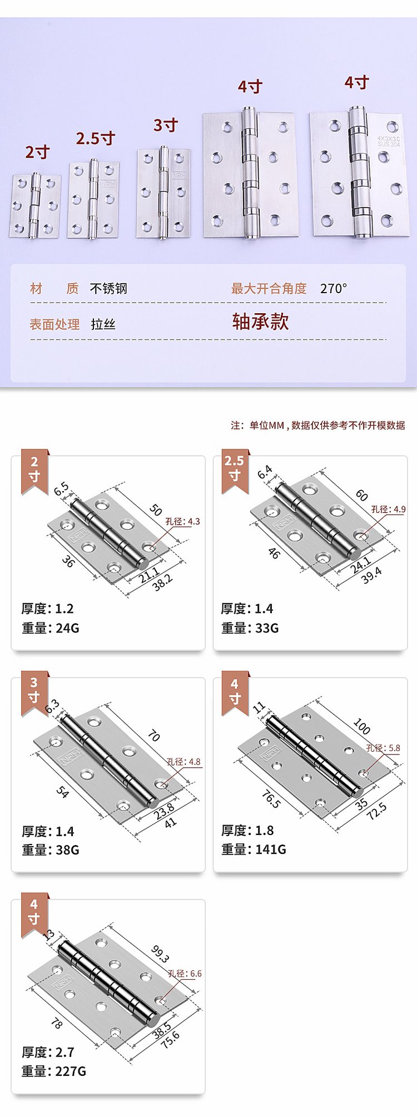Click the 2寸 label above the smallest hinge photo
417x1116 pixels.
37,152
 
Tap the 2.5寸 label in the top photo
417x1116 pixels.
96,138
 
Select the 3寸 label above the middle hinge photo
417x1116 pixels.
166,125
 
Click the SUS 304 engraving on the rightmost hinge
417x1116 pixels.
389,144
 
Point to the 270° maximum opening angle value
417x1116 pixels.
334,288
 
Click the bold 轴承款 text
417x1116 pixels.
261,322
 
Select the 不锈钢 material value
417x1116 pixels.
108,288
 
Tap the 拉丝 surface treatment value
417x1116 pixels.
103,324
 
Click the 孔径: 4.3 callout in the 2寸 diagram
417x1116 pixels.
183,521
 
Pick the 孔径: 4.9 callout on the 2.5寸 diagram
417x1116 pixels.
389,509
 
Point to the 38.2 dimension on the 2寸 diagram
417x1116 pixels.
162,582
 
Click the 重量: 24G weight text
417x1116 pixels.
51,628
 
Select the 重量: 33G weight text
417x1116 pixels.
250,628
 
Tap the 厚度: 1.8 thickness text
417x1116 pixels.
247,831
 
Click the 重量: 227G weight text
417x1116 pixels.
54,1071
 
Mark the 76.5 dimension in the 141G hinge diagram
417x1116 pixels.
271,799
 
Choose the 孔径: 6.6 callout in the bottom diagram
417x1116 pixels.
185,974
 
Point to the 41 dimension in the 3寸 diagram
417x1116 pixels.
170,822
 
